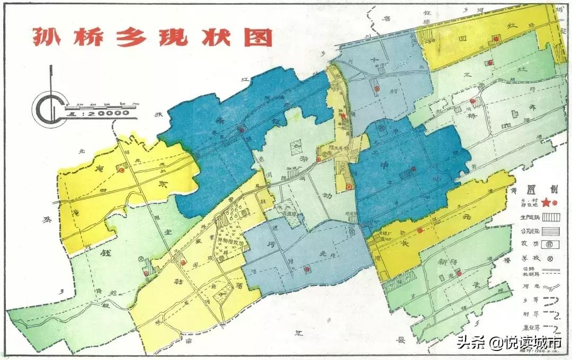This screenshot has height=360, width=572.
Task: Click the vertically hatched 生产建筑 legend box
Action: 551,217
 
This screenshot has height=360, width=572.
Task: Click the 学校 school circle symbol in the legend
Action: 551,259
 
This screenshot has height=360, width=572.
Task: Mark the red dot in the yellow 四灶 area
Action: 496,38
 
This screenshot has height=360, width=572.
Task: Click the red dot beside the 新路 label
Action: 459,273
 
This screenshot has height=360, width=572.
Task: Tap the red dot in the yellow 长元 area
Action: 419,230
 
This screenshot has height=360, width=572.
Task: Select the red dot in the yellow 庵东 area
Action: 121,170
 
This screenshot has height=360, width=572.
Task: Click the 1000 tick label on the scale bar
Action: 136,104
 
